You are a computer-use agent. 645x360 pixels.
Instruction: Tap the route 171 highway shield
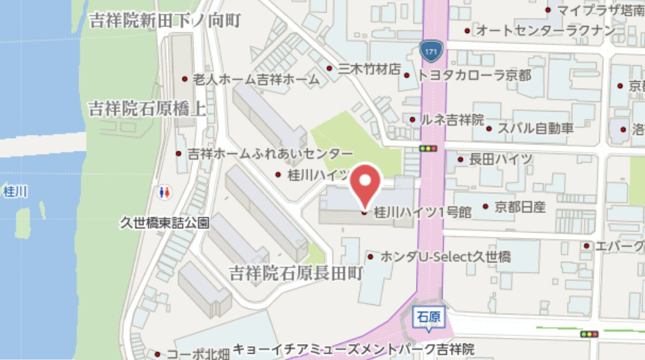tap(430, 49)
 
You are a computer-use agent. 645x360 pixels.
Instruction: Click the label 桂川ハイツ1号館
tap(421, 212)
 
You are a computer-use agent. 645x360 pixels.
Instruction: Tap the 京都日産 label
tap(520, 207)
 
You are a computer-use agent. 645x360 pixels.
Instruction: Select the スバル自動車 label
tap(535, 129)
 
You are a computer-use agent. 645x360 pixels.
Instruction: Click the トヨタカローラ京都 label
tap(474, 75)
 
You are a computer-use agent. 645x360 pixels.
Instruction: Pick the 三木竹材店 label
tap(369, 68)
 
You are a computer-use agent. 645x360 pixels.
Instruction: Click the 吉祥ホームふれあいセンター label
tap(270, 154)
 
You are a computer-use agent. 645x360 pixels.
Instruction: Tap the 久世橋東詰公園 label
tap(165, 223)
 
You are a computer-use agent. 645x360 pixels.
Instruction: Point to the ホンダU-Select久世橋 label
tap(445, 257)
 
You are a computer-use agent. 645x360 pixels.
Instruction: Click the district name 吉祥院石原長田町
tap(296, 274)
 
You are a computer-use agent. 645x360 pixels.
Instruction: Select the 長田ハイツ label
tap(500, 159)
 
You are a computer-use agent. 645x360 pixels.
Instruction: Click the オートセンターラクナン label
tap(545, 30)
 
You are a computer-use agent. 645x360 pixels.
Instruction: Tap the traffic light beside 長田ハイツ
tap(429, 148)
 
